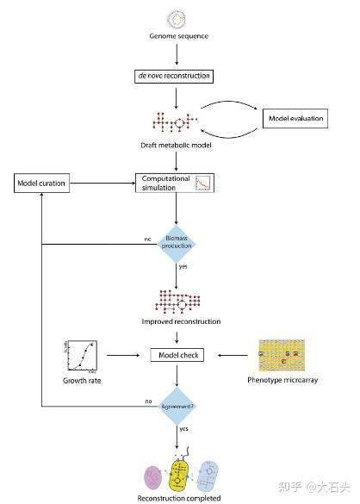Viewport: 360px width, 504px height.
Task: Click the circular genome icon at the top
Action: click(177, 17)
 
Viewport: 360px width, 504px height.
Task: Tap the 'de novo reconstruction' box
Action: click(177, 76)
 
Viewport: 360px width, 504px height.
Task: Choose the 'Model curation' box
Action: click(43, 183)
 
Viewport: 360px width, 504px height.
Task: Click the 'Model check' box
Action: click(177, 354)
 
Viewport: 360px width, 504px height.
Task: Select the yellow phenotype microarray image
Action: click(281, 354)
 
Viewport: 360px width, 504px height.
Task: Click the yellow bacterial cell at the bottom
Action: click(180, 473)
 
